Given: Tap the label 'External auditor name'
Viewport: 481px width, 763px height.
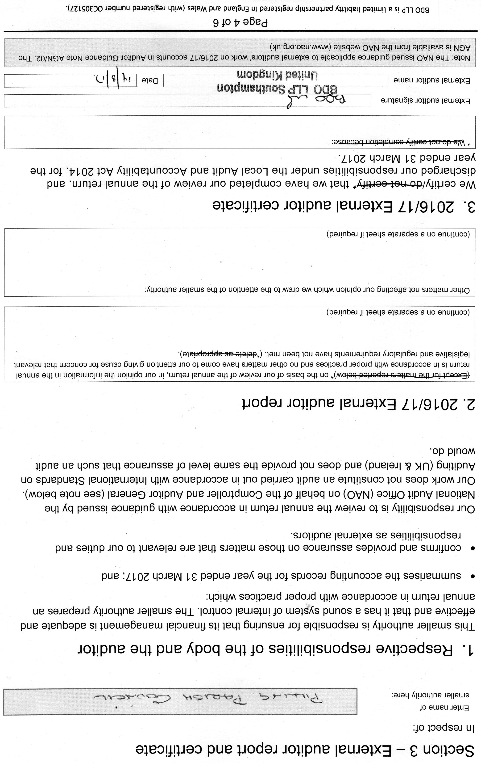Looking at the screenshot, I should click(x=432, y=80).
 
